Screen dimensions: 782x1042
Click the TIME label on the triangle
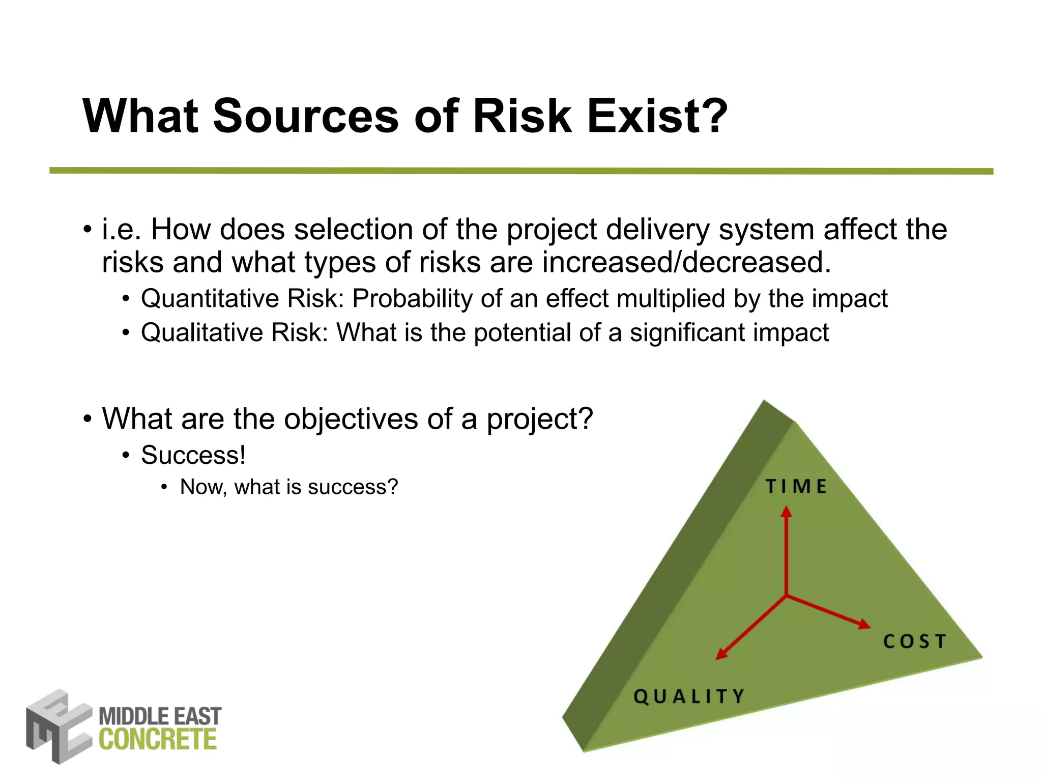[x=796, y=487]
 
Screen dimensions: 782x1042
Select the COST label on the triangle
[x=914, y=641]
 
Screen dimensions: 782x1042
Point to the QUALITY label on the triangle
[x=689, y=696]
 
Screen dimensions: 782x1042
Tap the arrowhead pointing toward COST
[x=864, y=624]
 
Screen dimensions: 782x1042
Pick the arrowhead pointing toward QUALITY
[x=721, y=654]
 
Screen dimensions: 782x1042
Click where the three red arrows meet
[x=787, y=595]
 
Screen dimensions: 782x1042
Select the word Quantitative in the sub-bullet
[x=210, y=299]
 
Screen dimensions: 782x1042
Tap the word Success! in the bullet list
[x=193, y=455]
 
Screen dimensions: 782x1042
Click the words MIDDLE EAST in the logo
[x=160, y=717]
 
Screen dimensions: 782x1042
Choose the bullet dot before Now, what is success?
[x=164, y=488]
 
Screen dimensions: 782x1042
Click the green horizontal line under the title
[x=521, y=171]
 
